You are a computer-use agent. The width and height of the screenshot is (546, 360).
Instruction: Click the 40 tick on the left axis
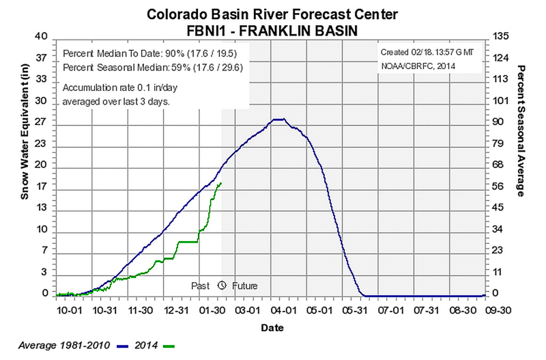42,36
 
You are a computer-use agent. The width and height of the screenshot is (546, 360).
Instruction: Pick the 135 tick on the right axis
498,36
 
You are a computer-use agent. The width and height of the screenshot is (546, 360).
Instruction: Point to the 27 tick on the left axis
42,122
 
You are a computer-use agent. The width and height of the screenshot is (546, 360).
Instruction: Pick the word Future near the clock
244,286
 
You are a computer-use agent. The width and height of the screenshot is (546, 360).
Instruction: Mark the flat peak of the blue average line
278,120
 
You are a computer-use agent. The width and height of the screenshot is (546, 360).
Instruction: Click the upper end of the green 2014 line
220,183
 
